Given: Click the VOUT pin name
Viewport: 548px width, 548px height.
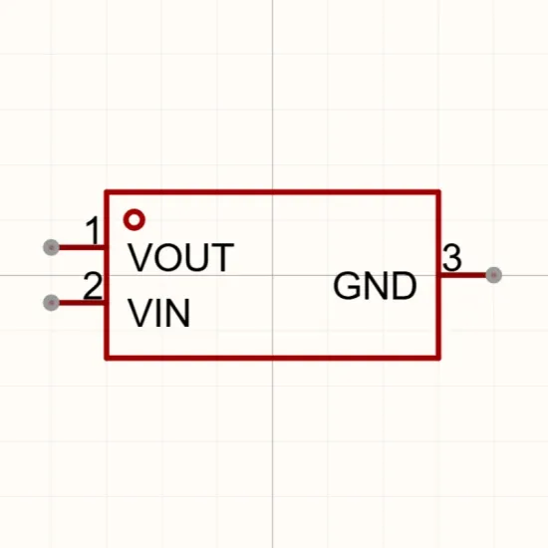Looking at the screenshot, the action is [x=181, y=257].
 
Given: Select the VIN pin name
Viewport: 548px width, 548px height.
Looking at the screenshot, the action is [x=159, y=313].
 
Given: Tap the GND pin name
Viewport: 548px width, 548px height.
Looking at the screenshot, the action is [x=375, y=286].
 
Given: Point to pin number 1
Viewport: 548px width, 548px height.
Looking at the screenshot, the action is [x=94, y=230].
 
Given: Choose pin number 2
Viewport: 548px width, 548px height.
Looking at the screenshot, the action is [x=93, y=286].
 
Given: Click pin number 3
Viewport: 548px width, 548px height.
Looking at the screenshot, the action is [x=452, y=258].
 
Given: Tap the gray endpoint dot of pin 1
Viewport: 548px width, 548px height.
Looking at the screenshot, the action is [x=51, y=247].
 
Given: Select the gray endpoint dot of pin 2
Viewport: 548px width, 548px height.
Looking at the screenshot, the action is [x=51, y=303].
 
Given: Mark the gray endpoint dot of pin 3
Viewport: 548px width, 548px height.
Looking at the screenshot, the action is [x=493, y=275].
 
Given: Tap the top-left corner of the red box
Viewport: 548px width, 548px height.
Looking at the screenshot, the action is [x=107, y=192].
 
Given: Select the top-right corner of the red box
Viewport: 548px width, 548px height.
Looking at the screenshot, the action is [x=438, y=192].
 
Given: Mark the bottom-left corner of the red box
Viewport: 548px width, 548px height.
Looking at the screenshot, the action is [x=107, y=358].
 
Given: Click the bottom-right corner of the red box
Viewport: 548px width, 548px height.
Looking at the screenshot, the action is [x=438, y=358].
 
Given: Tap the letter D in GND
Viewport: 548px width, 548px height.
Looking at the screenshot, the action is [x=406, y=286].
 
